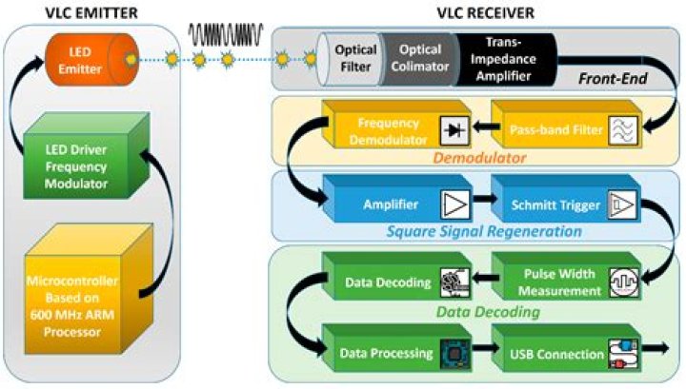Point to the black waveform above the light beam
coord(227,34)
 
